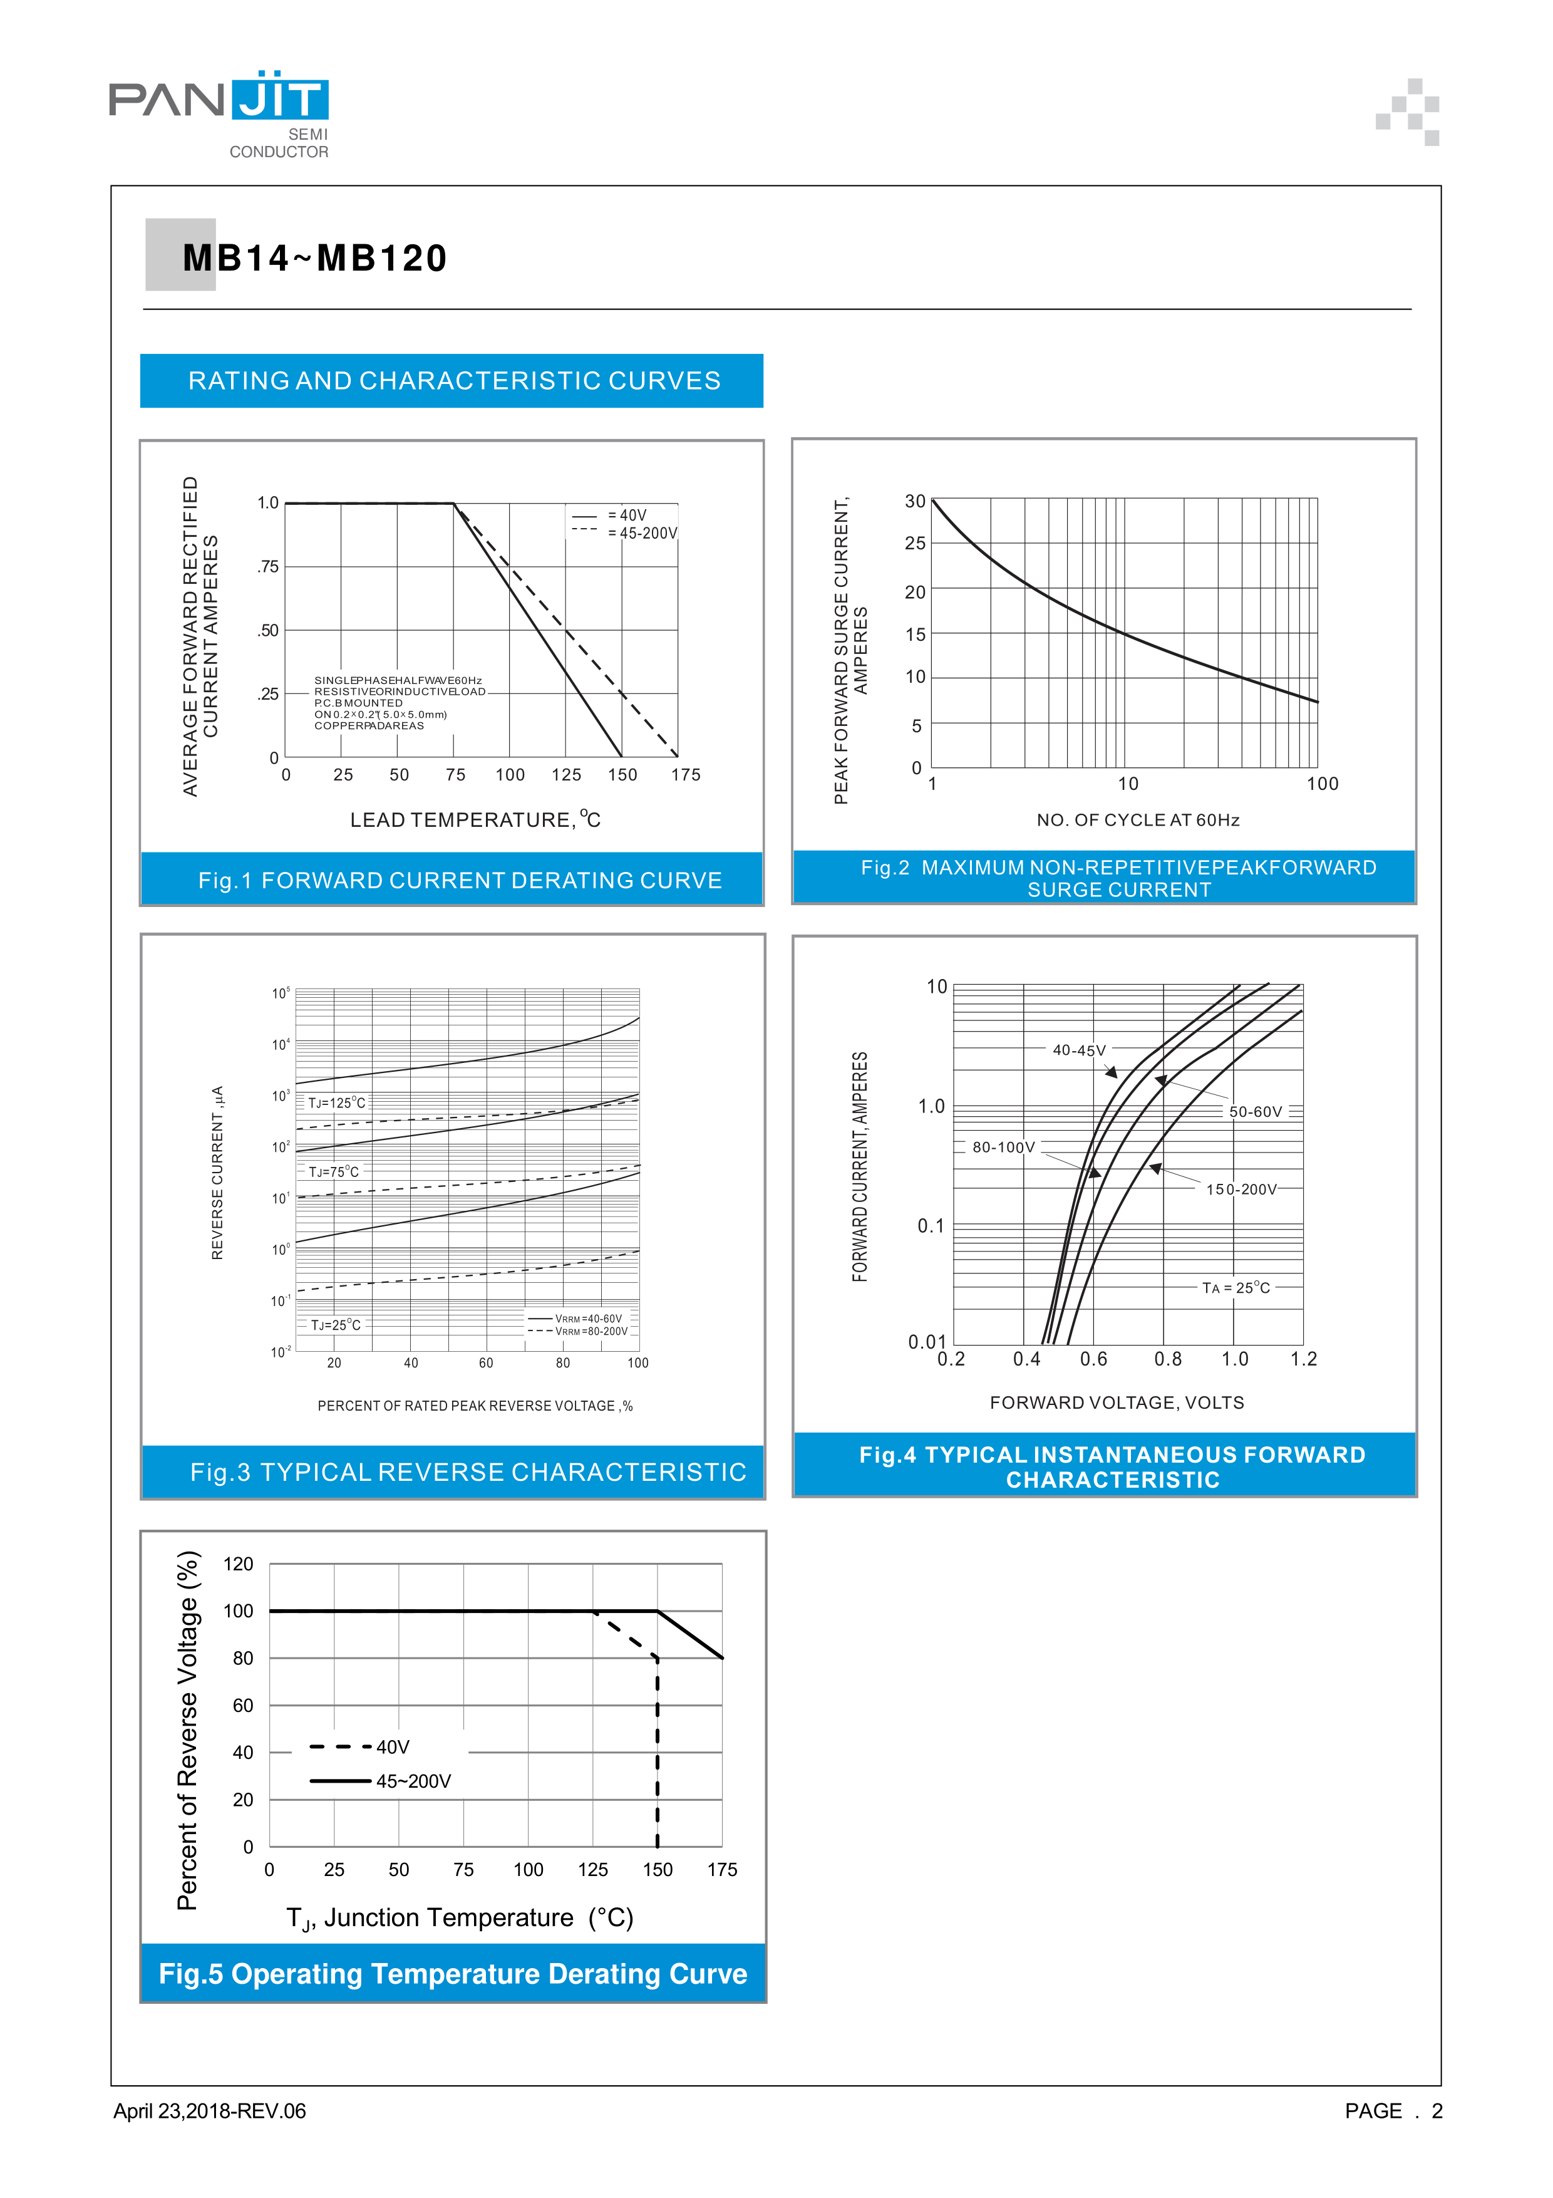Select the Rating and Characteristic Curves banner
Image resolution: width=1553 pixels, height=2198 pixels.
coord(453,381)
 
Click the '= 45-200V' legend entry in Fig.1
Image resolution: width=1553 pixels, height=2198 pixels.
coord(642,533)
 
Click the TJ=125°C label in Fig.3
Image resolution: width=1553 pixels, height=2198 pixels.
coord(337,1103)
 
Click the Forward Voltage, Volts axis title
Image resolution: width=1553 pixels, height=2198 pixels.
coord(1117,1402)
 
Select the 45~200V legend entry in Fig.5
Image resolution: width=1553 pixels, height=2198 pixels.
coord(413,1781)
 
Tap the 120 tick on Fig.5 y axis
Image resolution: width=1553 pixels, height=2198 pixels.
coord(238,1564)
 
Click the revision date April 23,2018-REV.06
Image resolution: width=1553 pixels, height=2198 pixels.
coord(210,2111)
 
